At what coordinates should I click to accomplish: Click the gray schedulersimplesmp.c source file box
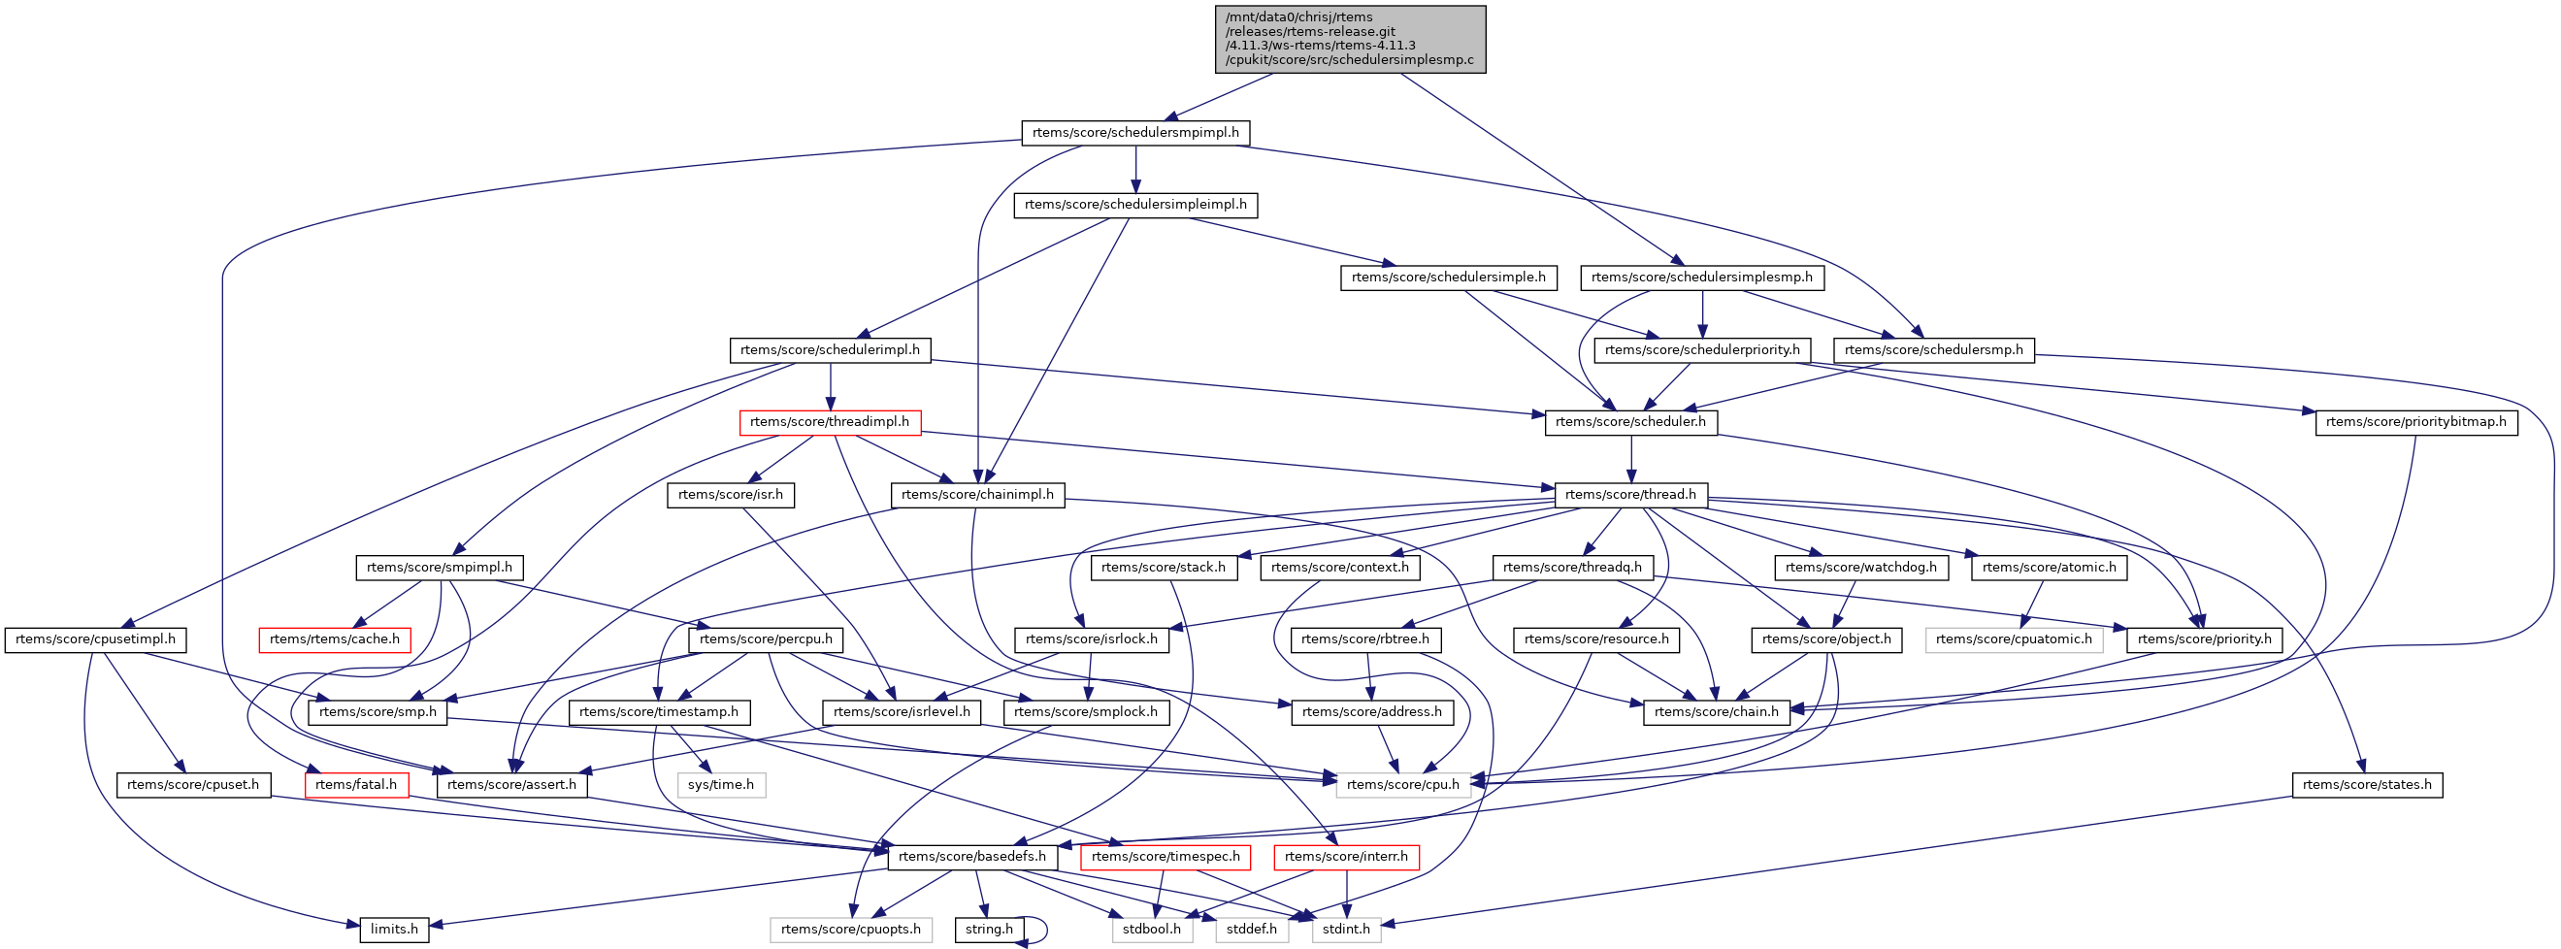[x=1349, y=40]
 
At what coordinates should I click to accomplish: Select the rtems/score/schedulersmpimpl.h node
[x=1135, y=132]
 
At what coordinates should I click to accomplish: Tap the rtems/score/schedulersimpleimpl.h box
[x=1135, y=205]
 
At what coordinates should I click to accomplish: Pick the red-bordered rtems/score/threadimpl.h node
[x=829, y=422]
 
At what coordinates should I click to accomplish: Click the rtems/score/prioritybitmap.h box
[x=2415, y=422]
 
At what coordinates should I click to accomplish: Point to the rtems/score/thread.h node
[x=1630, y=495]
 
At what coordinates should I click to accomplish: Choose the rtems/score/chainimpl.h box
[x=977, y=495]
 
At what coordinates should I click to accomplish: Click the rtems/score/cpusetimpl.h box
[x=95, y=638]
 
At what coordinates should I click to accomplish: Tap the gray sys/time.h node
[x=721, y=785]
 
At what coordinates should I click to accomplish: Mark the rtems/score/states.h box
[x=2366, y=785]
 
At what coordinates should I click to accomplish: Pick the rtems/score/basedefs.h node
[x=971, y=857]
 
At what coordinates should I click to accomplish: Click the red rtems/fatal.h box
[x=356, y=785]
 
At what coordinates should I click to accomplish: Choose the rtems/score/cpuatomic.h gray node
[x=2014, y=638]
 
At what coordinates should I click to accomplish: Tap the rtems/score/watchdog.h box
[x=1861, y=568]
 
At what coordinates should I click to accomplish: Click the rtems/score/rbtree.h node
[x=1364, y=638]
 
